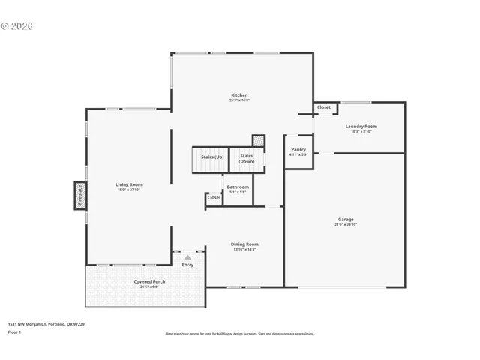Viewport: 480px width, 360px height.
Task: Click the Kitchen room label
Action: [239, 95]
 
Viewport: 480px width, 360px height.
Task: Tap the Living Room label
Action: [128, 184]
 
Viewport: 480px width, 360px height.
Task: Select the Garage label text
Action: [345, 220]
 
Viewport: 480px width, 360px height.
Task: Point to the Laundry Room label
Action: [361, 127]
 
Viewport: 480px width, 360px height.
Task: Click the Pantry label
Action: [298, 150]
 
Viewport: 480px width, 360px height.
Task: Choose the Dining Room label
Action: [244, 244]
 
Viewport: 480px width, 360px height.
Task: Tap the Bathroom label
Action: [238, 187]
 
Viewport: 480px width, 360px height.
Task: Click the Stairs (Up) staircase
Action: [209, 158]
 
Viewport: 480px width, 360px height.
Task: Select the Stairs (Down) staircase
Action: [247, 159]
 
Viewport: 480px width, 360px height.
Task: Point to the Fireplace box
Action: [79, 194]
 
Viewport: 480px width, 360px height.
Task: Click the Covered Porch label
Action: [150, 282]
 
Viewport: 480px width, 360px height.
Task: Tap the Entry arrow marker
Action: [187, 257]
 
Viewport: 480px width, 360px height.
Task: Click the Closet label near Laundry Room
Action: [323, 107]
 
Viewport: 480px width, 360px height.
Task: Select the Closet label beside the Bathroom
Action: [214, 198]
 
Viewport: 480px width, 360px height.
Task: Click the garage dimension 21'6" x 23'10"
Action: [345, 225]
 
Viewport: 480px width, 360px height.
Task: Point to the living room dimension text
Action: [128, 190]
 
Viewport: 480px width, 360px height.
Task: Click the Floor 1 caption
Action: [15, 331]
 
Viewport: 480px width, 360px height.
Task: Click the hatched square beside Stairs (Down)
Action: [258, 140]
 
